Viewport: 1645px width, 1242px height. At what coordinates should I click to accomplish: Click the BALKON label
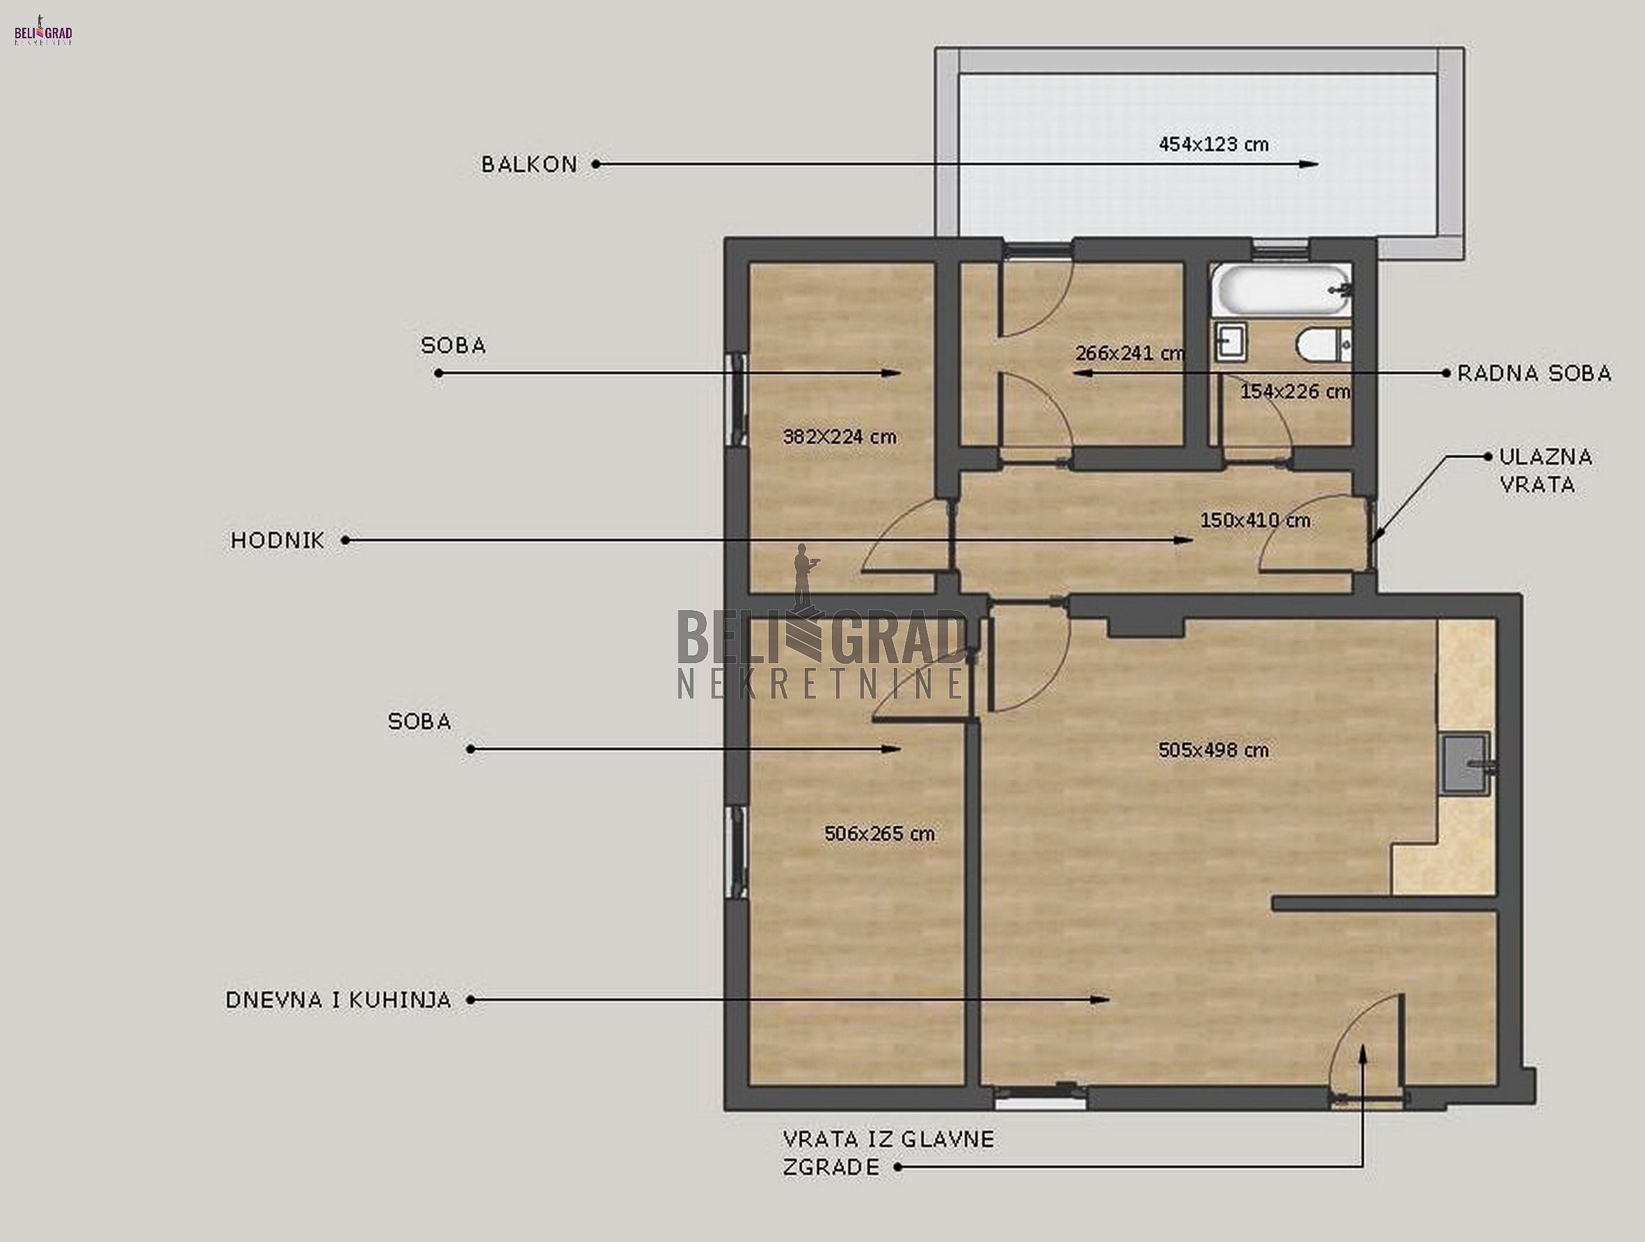(x=529, y=164)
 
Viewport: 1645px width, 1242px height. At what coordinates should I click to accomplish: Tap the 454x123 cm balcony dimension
(x=1214, y=144)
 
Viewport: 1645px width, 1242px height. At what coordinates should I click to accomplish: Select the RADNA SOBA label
(x=1534, y=374)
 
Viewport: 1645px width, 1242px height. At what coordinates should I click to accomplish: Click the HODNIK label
(x=278, y=540)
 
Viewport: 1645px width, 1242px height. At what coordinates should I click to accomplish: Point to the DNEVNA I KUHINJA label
(x=338, y=1001)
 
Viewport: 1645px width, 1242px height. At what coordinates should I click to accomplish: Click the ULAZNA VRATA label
(x=1546, y=471)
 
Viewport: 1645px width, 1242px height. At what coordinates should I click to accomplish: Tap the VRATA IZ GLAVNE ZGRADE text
(x=889, y=1152)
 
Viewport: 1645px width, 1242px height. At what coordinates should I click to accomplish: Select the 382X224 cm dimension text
(x=840, y=437)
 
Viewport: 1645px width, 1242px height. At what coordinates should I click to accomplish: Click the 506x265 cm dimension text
(x=879, y=834)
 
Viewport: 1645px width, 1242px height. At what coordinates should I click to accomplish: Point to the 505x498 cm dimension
(x=1214, y=750)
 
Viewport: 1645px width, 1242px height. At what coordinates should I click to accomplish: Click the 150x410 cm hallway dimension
(x=1255, y=520)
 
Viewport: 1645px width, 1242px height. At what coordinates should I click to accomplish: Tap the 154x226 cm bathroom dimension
(x=1294, y=391)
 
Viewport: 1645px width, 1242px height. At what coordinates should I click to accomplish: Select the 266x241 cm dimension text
(x=1130, y=353)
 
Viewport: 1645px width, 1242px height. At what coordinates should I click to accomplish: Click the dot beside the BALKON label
(x=595, y=164)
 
